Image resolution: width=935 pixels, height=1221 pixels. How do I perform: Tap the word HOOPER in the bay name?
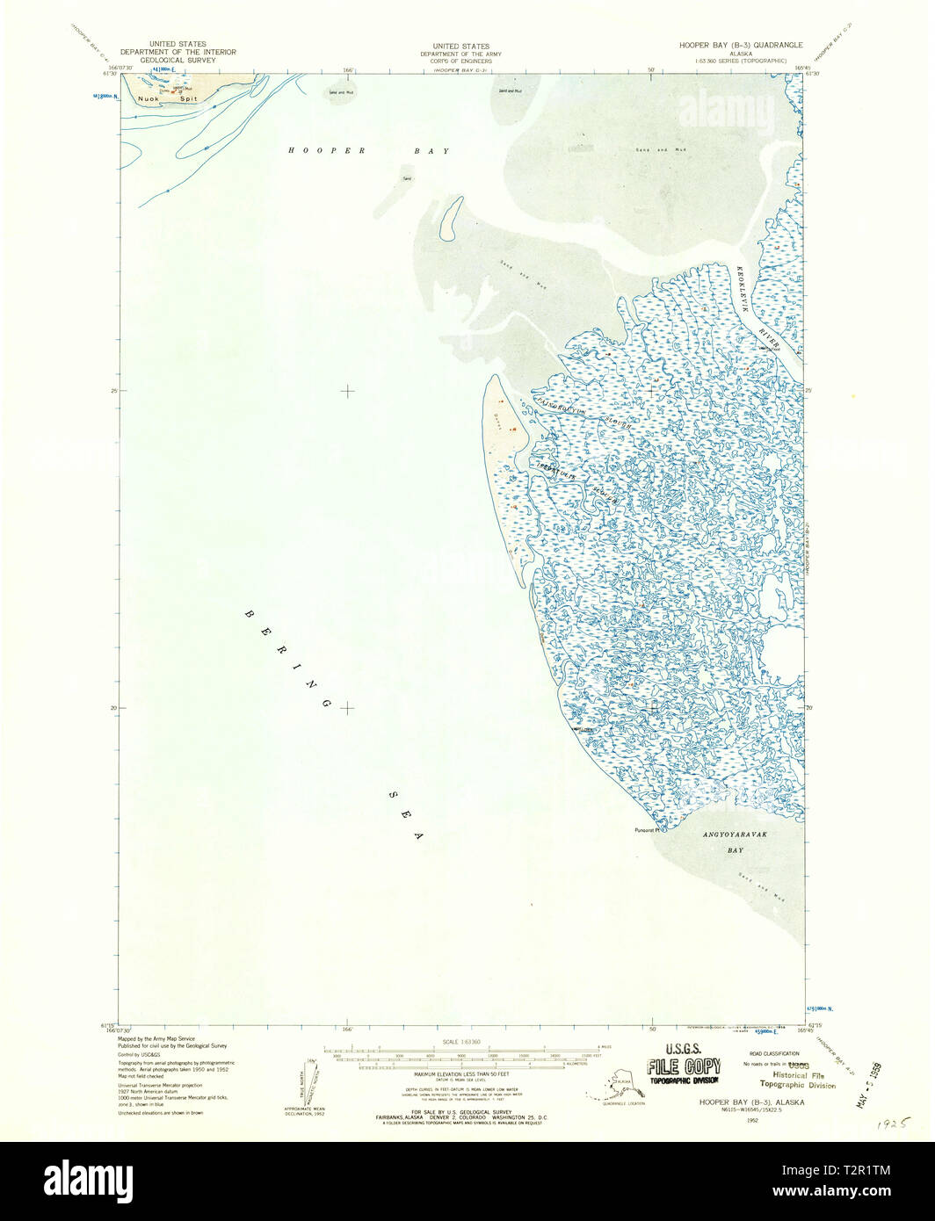point(315,151)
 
